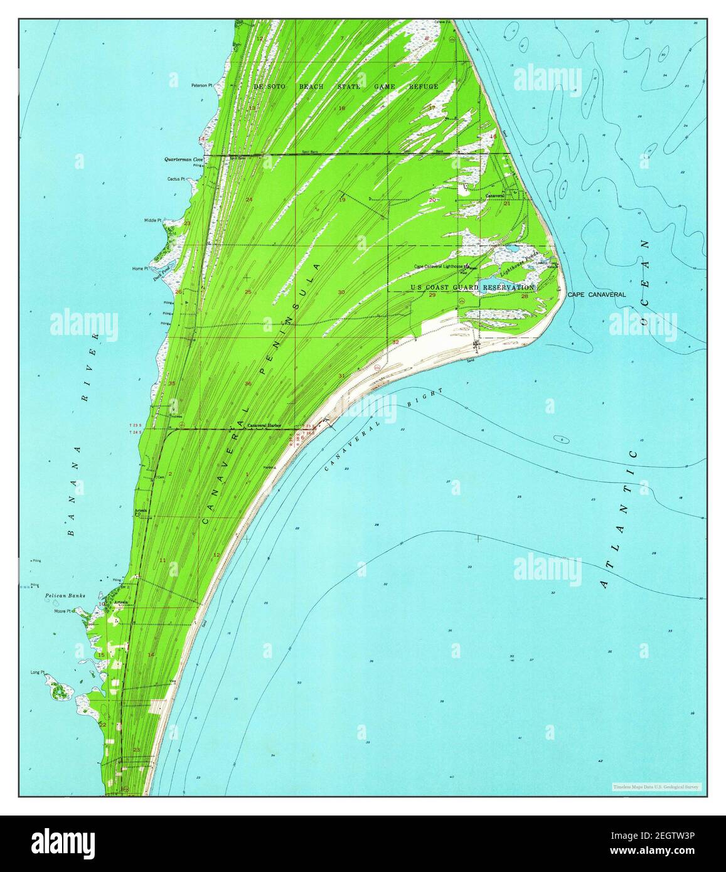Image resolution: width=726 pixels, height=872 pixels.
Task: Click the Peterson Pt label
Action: pos(202,85)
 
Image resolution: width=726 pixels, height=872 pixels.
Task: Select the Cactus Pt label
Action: pos(174,179)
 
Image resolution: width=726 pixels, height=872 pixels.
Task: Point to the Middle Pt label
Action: pos(152,221)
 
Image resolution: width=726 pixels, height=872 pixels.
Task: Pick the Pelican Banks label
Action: pos(65,595)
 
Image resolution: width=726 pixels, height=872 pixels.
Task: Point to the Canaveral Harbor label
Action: pos(264,425)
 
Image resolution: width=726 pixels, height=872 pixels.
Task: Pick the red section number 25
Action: pos(248,293)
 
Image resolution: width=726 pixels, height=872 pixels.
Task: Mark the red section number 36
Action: pos(248,384)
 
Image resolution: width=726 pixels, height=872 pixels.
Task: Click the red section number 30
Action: pos(341,293)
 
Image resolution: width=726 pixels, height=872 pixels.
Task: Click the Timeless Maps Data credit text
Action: pos(656,787)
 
